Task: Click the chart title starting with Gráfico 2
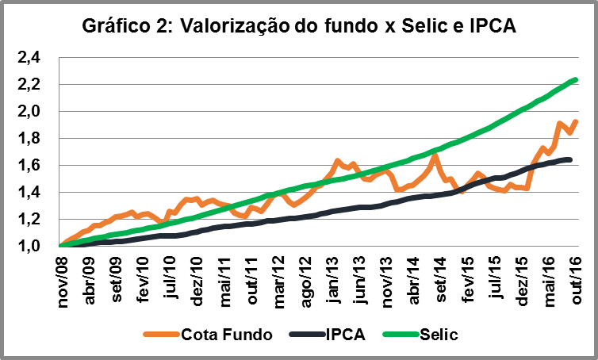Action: [x=299, y=26]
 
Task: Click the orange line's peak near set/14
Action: [x=434, y=155]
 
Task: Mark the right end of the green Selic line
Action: [x=575, y=79]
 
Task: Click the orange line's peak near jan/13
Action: [x=337, y=161]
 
